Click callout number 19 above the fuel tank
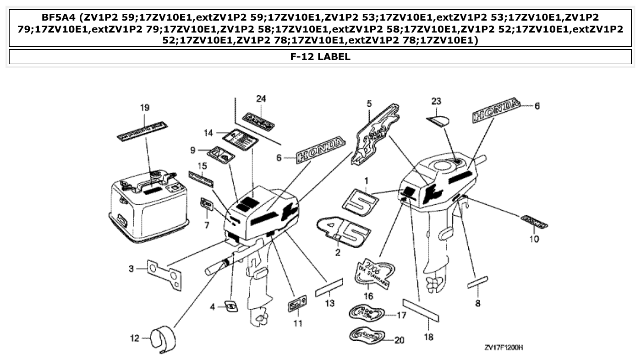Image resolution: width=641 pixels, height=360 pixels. [x=145, y=108]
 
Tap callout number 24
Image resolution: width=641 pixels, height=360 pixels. [x=261, y=99]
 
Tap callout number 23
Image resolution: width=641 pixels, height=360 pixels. [x=436, y=101]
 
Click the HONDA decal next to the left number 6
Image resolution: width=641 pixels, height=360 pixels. [x=321, y=149]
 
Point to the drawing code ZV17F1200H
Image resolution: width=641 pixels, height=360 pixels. [x=504, y=347]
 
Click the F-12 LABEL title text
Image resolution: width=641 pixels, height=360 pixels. [x=320, y=57]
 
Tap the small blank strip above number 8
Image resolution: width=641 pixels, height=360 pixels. [x=477, y=282]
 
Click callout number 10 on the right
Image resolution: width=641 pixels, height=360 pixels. [x=534, y=239]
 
